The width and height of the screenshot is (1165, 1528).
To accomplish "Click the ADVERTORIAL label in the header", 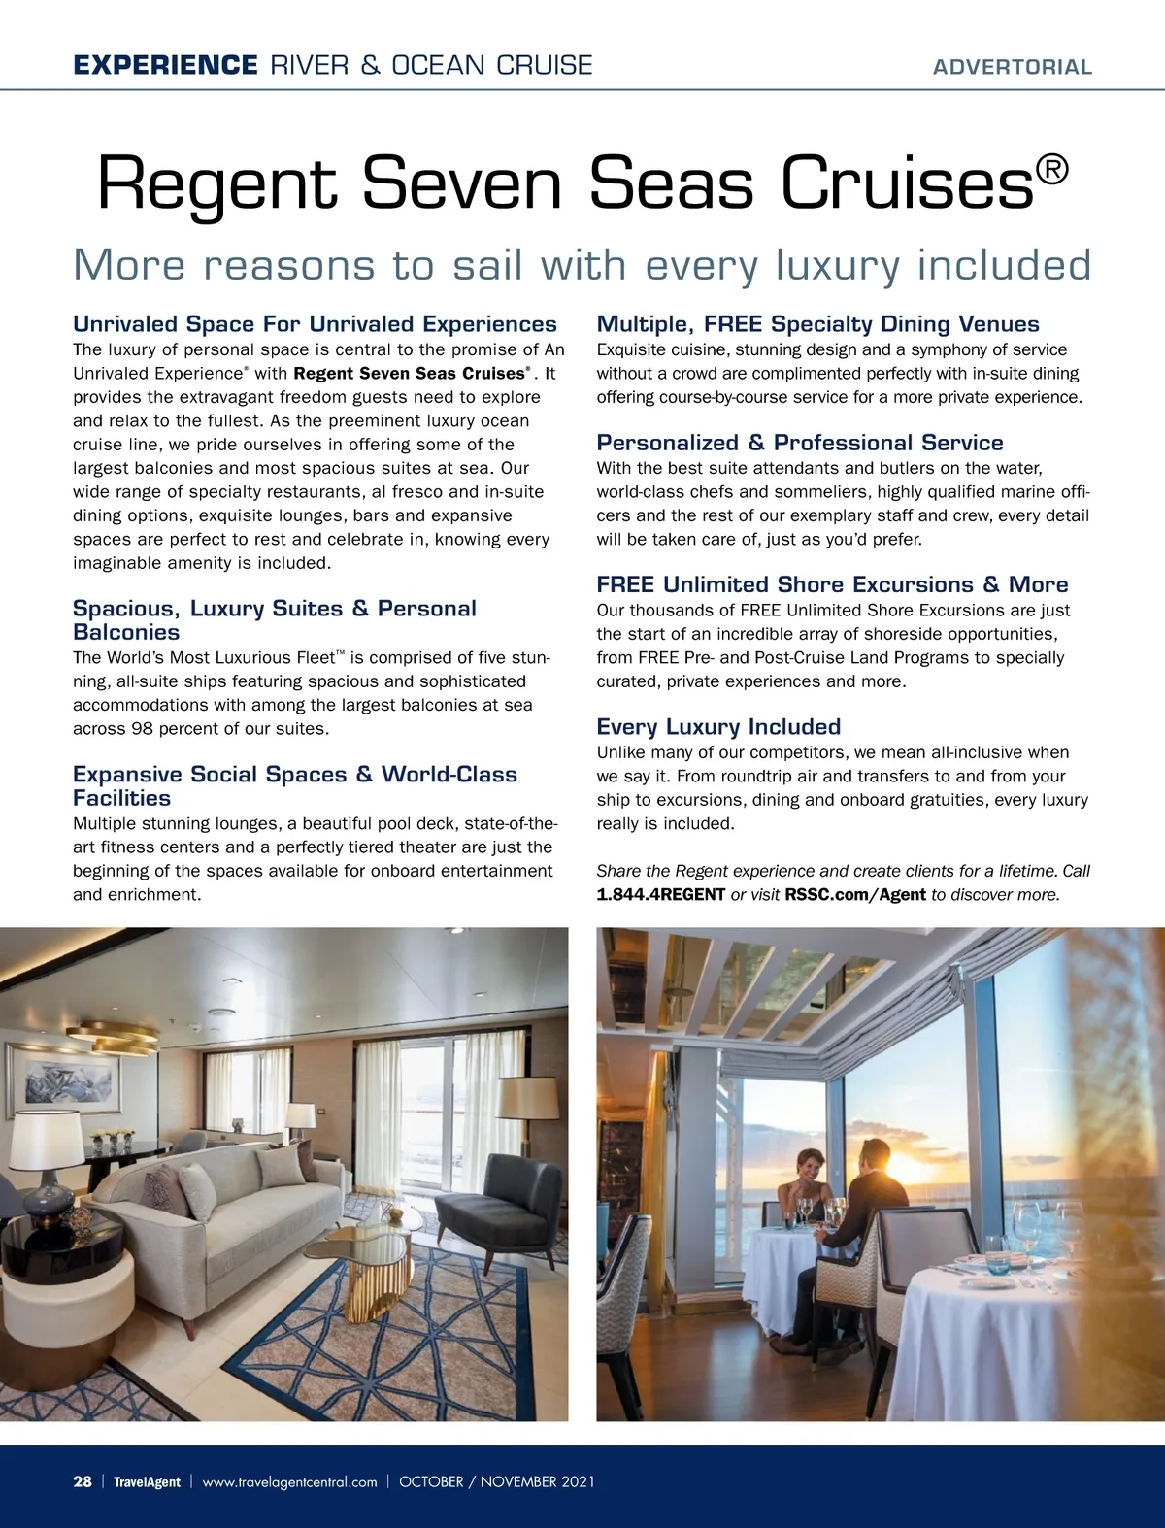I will (x=1012, y=67).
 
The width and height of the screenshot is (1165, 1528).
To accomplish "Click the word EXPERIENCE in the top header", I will (x=164, y=65).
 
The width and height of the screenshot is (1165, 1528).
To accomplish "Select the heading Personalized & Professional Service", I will (x=799, y=443).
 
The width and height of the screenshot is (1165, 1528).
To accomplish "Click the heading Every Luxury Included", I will (x=718, y=727).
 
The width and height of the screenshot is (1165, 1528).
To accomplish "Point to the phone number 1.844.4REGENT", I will (x=660, y=894).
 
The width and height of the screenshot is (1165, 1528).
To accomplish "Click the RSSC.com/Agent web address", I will (x=854, y=894).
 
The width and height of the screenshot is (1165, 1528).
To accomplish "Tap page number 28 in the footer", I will (x=83, y=1481).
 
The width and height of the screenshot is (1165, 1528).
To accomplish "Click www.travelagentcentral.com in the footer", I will (x=289, y=1482).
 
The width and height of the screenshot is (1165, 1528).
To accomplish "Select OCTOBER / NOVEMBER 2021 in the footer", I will (x=497, y=1482).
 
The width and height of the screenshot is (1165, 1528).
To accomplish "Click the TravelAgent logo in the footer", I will (x=147, y=1482).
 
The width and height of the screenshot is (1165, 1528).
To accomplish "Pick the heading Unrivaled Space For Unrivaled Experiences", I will (x=315, y=324).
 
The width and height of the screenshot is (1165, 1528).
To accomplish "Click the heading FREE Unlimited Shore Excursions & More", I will (x=832, y=584).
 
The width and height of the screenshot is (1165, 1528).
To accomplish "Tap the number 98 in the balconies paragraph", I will (x=143, y=729).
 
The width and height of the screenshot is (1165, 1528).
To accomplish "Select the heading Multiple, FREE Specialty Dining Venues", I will (x=817, y=324).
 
